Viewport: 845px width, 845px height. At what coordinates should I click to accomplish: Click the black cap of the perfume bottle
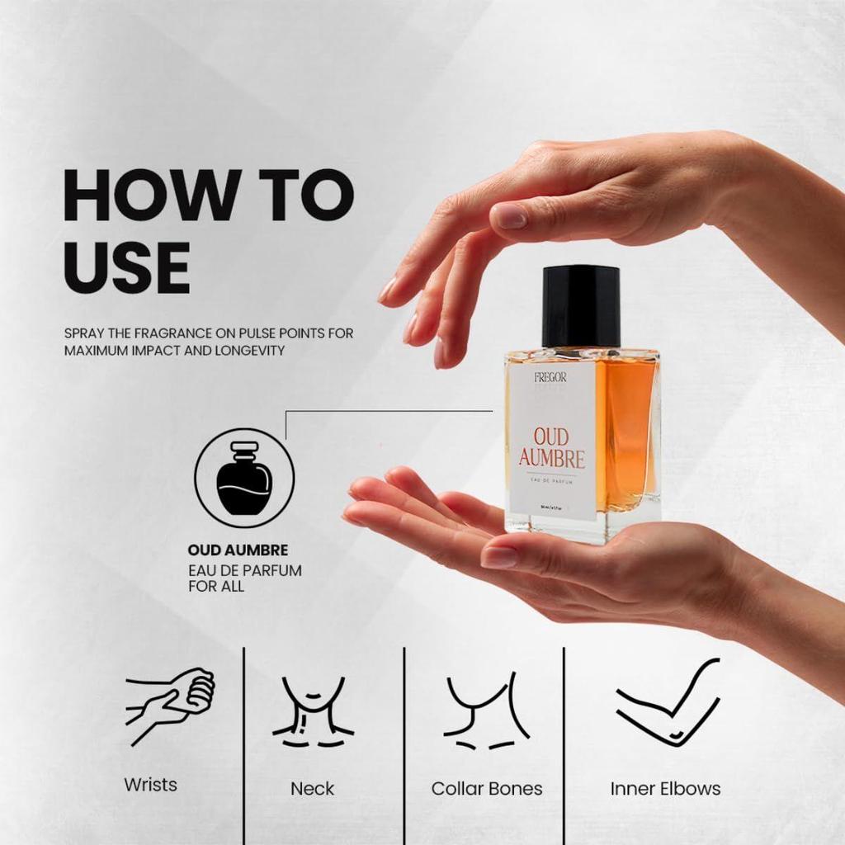(x=581, y=305)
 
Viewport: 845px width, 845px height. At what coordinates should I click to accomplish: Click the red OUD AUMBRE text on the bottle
(x=552, y=447)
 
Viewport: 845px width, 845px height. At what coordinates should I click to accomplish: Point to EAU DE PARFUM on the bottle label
(x=552, y=480)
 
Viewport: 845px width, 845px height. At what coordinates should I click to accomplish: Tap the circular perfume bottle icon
(x=244, y=478)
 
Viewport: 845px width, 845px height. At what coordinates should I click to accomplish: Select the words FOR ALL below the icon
(x=216, y=587)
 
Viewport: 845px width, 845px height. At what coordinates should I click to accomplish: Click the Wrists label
(x=150, y=784)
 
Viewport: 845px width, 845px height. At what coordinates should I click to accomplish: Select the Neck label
(x=313, y=789)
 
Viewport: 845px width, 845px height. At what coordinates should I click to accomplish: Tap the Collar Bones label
(x=487, y=789)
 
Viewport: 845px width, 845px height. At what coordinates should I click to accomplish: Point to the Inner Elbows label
(x=665, y=789)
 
